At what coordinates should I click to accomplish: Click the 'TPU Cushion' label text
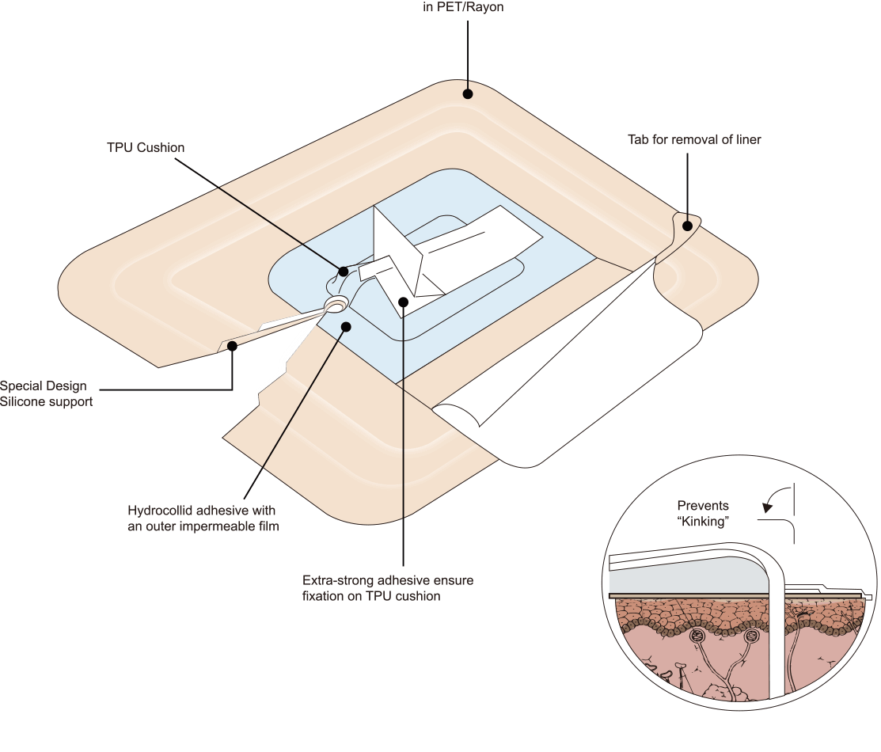(146, 148)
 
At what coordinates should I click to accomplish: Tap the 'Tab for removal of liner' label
(694, 139)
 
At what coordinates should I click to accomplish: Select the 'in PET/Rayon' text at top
(464, 7)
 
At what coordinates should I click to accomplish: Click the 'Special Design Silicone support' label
(46, 393)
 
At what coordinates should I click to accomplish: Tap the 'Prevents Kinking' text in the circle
(703, 513)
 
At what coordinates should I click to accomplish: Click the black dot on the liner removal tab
(687, 226)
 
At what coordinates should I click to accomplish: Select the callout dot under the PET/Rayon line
(468, 94)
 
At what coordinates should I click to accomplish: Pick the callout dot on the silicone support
(231, 346)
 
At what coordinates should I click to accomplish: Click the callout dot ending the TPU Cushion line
(344, 272)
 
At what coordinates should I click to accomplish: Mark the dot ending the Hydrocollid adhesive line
(346, 327)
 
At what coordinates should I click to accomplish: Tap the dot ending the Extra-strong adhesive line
(403, 302)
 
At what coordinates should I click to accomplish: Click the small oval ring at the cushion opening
(336, 304)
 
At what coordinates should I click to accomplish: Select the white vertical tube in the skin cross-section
(777, 635)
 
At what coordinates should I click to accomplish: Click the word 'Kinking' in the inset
(703, 521)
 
